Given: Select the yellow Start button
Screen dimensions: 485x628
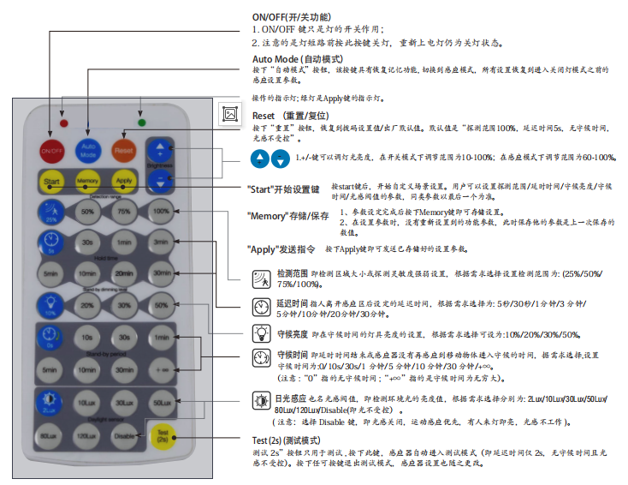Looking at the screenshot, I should [x=51, y=182].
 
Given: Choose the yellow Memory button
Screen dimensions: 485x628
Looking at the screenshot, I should [x=87, y=182].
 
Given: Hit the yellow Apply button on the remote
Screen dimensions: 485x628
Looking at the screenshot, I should [x=124, y=182].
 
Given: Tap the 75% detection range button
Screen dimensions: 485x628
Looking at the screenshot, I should [x=124, y=212].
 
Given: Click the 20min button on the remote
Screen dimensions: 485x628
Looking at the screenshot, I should [x=124, y=272].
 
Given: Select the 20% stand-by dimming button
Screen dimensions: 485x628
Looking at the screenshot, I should [x=88, y=304].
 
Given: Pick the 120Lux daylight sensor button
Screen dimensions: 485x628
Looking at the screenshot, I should [x=88, y=436].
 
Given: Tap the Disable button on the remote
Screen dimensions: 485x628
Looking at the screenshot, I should [x=124, y=436].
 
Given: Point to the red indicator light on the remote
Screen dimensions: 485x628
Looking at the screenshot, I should [x=64, y=123].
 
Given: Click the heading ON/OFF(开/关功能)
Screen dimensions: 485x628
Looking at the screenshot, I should [x=291, y=17].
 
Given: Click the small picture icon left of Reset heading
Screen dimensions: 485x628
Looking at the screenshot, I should [x=229, y=113].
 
